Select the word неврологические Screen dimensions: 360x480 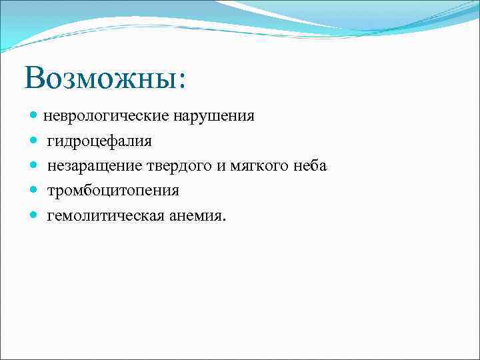tap(107, 117)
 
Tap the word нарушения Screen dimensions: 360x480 tap(214, 117)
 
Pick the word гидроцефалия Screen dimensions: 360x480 tap(99, 141)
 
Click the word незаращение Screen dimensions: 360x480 tap(89, 166)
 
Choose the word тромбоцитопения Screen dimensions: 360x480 tap(113, 191)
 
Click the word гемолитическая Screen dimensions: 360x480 tap(100, 215)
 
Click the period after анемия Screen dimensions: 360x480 tap(225, 219)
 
